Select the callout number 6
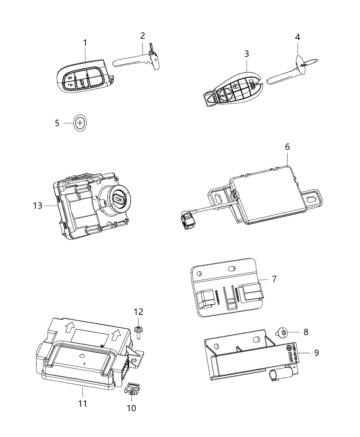click(x=287, y=147)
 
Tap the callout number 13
click(x=37, y=206)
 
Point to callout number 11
click(x=82, y=403)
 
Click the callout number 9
click(x=316, y=352)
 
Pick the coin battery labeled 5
click(x=80, y=123)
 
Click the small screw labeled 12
click(x=139, y=331)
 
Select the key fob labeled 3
click(x=233, y=89)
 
